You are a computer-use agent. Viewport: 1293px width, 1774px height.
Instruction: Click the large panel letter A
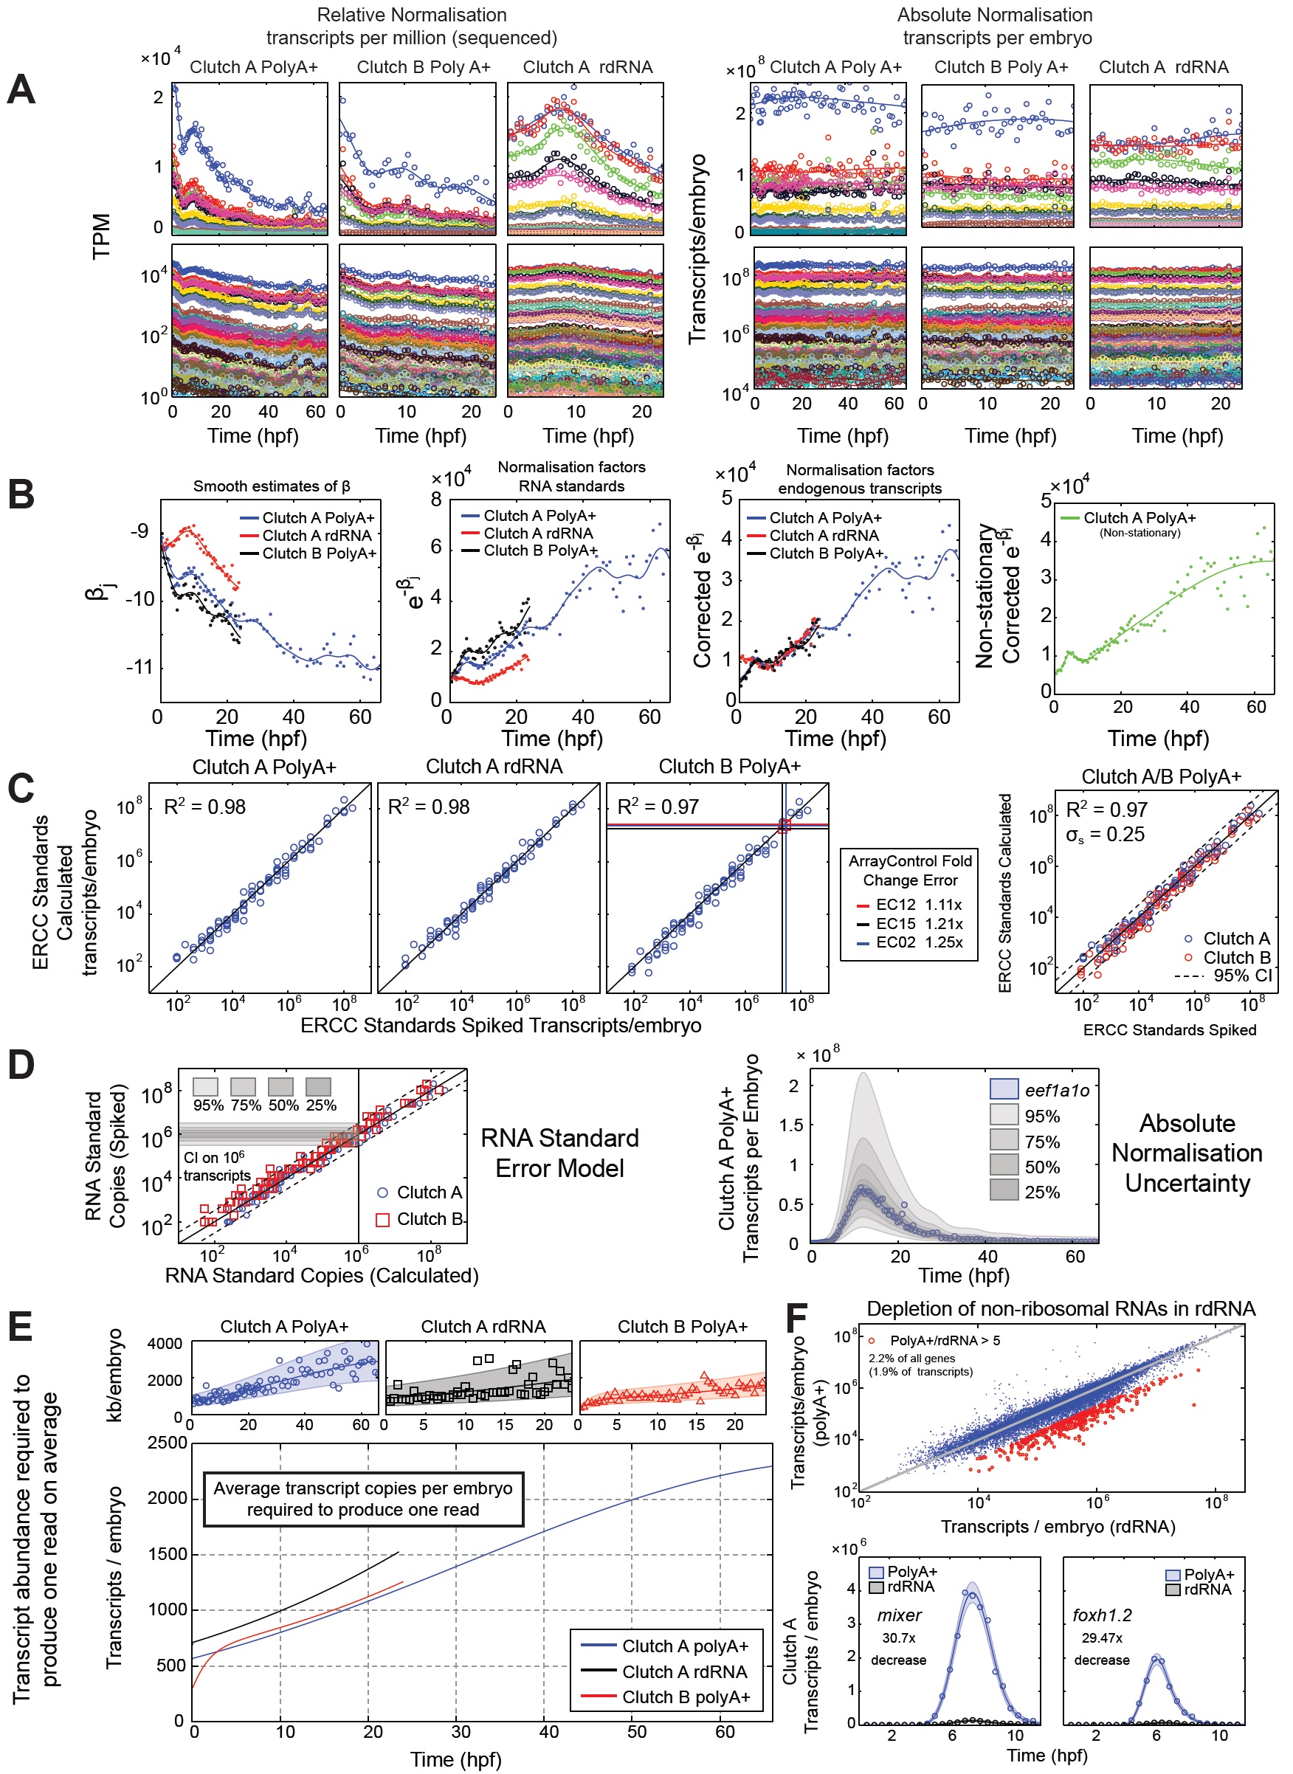pyautogui.click(x=21, y=89)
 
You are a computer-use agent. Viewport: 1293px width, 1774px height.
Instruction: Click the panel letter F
pyautogui.click(x=797, y=1318)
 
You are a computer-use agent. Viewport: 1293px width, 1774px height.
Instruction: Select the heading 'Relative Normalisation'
pyautogui.click(x=412, y=15)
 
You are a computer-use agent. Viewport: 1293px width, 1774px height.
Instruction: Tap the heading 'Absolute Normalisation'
pyautogui.click(x=995, y=15)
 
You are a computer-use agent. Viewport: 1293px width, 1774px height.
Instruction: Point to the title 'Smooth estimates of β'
pyautogui.click(x=272, y=486)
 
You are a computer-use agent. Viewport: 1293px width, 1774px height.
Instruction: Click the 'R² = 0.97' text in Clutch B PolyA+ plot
pyautogui.click(x=658, y=807)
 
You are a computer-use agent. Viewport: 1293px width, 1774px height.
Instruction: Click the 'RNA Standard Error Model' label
pyautogui.click(x=559, y=1153)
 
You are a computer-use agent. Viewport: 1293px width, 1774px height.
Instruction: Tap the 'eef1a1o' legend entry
pyautogui.click(x=1057, y=1091)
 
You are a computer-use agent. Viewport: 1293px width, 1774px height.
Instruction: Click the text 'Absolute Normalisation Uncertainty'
pyautogui.click(x=1187, y=1153)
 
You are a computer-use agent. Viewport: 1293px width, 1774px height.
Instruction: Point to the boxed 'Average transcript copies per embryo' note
pyautogui.click(x=363, y=1499)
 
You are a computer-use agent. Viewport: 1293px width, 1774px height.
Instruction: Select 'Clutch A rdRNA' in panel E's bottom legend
pyautogui.click(x=684, y=1672)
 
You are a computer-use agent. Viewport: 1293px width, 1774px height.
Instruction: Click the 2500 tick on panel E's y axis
pyautogui.click(x=168, y=1443)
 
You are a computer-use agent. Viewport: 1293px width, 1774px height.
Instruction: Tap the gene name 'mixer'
pyautogui.click(x=898, y=1615)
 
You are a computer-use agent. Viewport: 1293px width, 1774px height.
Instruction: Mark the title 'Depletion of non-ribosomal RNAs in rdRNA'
pyautogui.click(x=1061, y=1309)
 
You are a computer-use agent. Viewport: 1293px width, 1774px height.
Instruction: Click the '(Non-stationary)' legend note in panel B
pyautogui.click(x=1139, y=533)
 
